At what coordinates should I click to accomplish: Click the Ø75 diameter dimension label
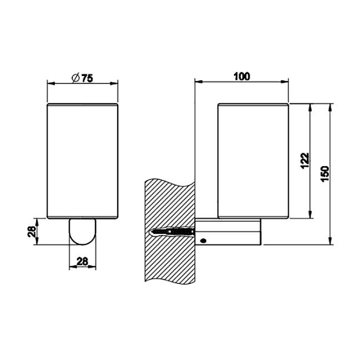(82, 78)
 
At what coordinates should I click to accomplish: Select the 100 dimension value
(242, 77)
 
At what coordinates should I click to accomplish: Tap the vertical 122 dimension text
(305, 161)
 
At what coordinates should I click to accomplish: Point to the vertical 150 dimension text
(325, 173)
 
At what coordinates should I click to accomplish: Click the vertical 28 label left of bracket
(32, 232)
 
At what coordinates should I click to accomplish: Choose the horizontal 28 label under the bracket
(82, 261)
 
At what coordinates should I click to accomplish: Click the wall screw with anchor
(172, 232)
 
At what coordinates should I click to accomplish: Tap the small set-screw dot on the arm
(203, 241)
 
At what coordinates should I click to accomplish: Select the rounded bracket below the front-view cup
(82, 232)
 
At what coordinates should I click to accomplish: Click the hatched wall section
(170, 231)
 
